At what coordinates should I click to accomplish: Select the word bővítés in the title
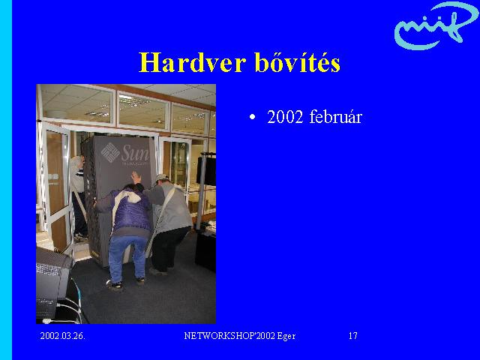pos(298,62)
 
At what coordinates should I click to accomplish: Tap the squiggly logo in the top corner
pos(435,25)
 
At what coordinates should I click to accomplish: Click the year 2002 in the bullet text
pos(285,117)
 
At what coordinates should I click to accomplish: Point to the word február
pos(336,117)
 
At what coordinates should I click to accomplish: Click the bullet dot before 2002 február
pos(252,117)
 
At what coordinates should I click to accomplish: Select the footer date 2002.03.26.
pos(63,336)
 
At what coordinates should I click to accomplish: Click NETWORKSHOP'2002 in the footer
pos(229,336)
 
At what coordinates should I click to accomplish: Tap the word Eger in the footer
pos(286,336)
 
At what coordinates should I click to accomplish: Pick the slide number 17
pos(353,336)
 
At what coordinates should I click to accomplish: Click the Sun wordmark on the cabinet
pos(135,153)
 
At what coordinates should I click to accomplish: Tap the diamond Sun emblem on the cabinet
pos(110,152)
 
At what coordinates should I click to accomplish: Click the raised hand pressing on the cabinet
pos(136,177)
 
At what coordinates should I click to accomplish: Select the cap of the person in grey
pos(161,178)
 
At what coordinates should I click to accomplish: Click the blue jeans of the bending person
pos(127,258)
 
